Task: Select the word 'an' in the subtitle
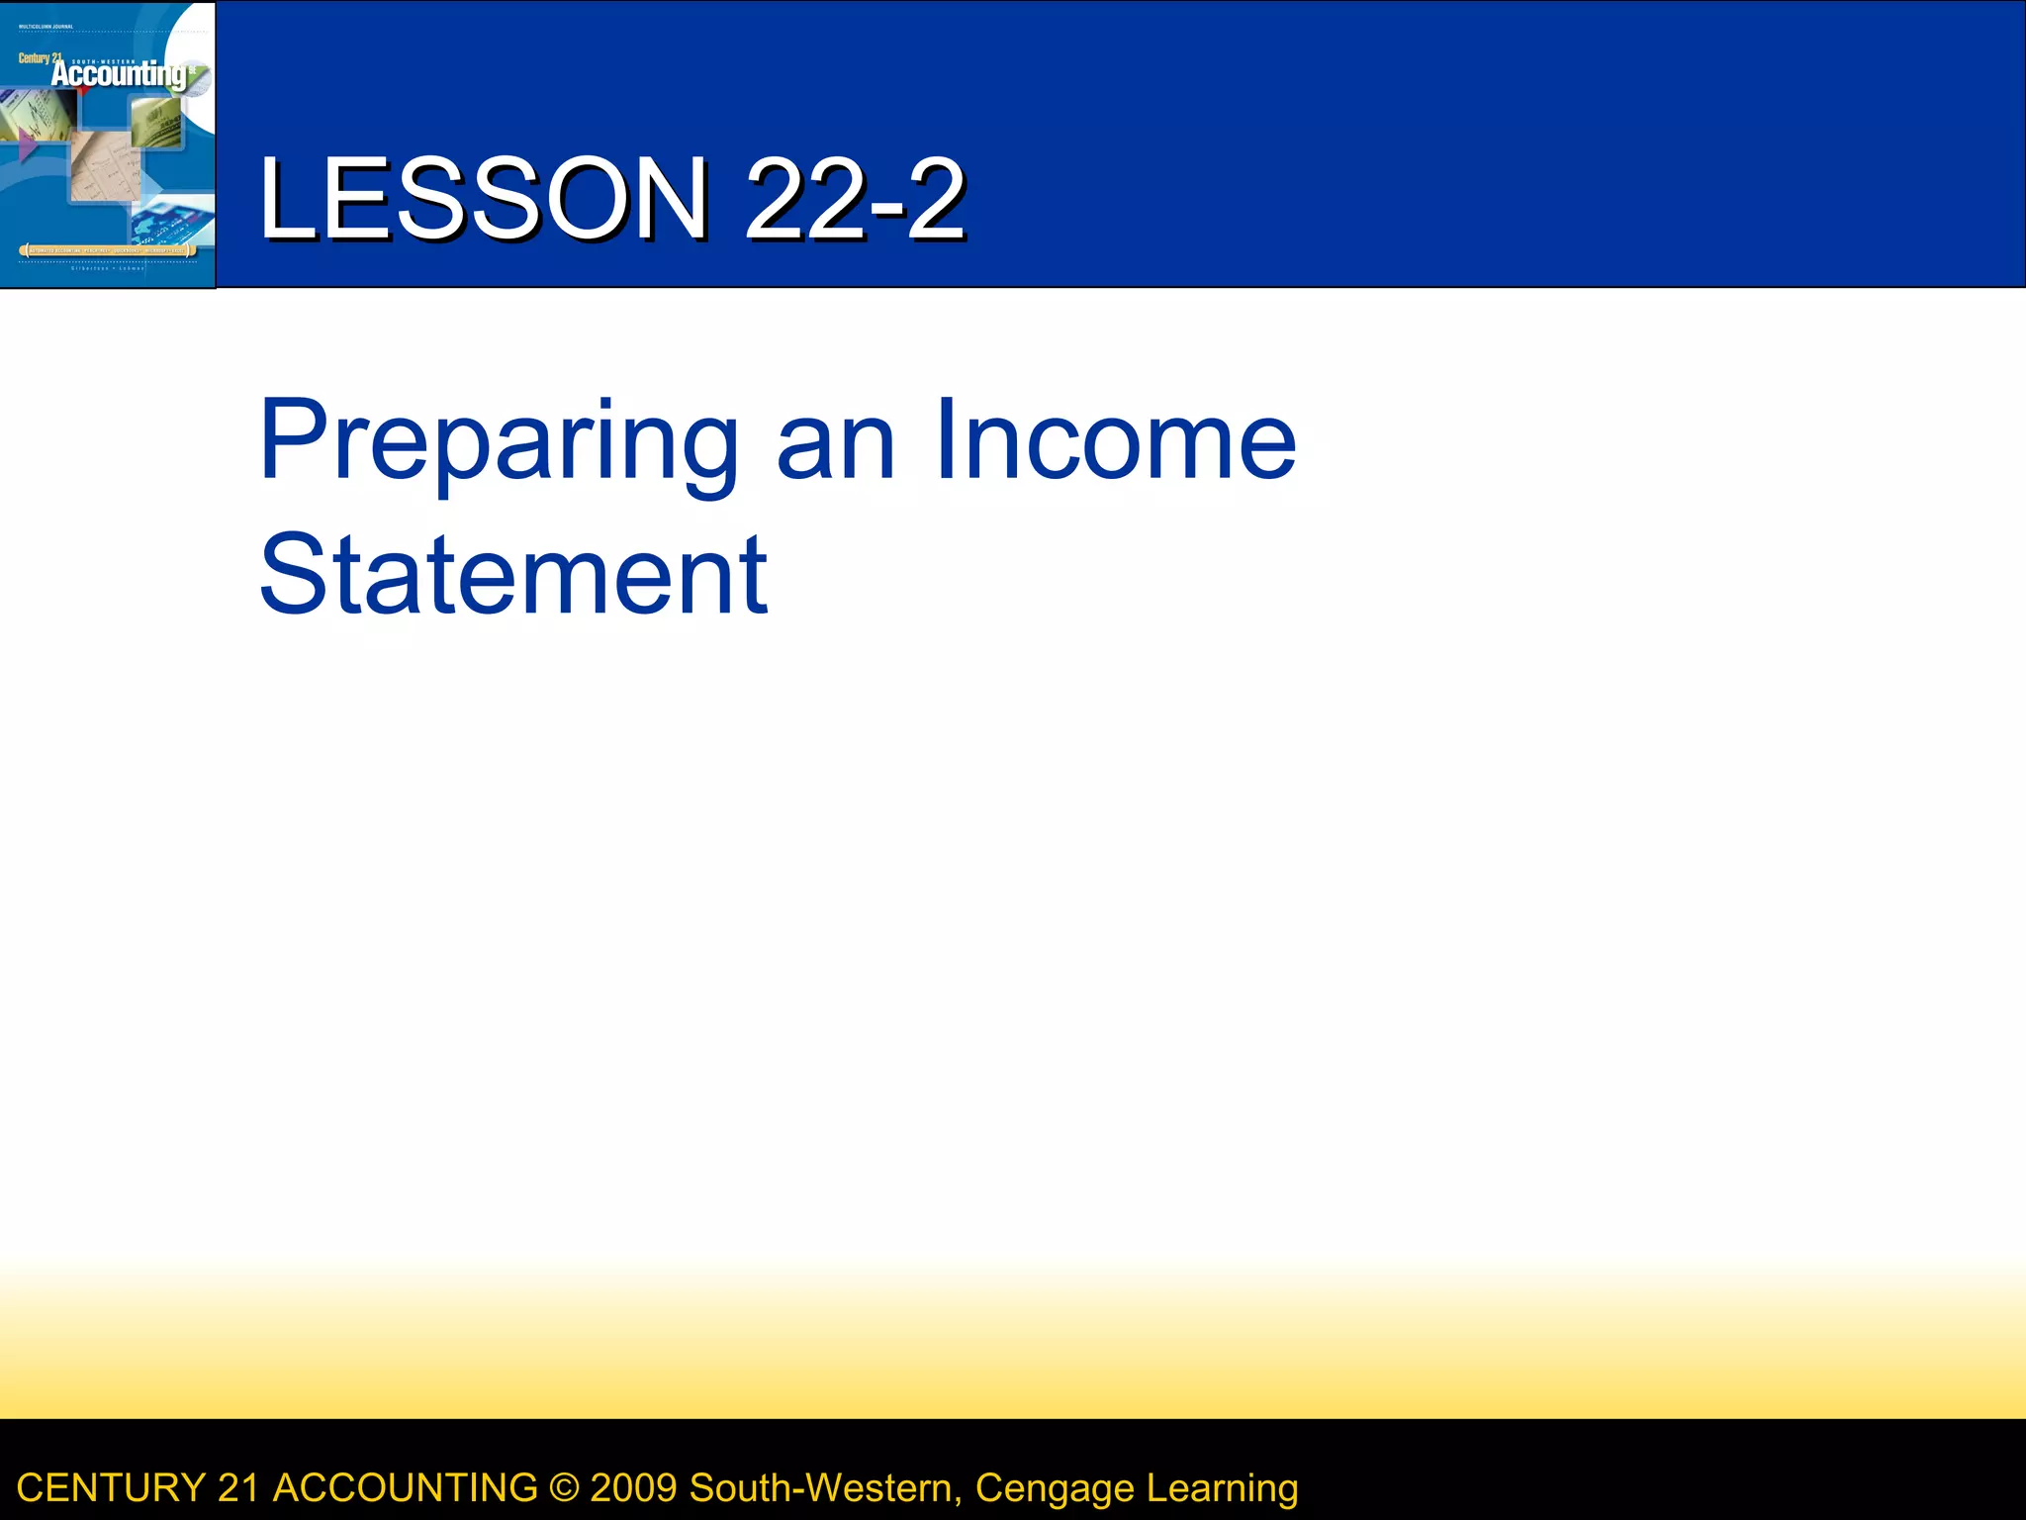[836, 442]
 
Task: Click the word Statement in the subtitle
[512, 575]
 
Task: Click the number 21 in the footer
[238, 1488]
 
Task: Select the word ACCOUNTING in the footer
[405, 1488]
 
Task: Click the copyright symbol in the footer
[564, 1488]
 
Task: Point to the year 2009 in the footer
[633, 1488]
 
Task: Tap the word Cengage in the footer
[1055, 1488]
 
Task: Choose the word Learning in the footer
[1222, 1488]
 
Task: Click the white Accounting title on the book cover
[119, 74]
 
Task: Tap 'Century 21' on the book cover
[38, 58]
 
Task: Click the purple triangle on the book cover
[28, 146]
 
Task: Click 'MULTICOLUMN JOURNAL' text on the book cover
[46, 27]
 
